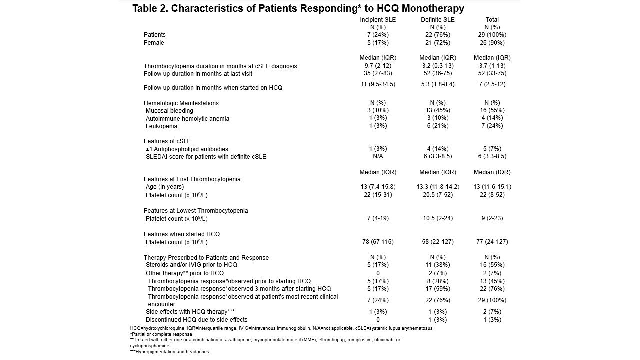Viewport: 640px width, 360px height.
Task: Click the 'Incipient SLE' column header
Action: (378, 20)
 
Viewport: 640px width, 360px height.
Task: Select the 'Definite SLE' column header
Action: (437, 20)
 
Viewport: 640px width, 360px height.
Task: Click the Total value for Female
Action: (492, 43)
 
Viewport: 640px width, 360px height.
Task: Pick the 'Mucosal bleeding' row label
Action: (169, 111)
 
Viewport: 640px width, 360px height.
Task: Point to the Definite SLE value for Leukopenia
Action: (437, 126)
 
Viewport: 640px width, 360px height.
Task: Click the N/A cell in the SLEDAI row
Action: (378, 156)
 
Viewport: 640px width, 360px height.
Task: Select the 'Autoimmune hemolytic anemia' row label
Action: (187, 119)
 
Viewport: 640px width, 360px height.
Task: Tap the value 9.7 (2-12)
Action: (378, 66)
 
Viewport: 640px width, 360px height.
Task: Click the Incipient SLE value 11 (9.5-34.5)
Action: (378, 84)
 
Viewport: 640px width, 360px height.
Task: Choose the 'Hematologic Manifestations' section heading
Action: (181, 103)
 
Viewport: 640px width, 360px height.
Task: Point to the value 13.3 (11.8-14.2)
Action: (437, 187)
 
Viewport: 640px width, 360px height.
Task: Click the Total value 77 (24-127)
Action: (492, 242)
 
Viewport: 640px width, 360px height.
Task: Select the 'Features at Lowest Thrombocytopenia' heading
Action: (196, 211)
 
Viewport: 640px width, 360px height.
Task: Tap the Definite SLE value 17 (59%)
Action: (437, 289)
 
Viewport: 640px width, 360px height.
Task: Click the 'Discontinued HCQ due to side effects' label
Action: (196, 320)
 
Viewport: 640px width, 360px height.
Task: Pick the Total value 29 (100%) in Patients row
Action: (492, 35)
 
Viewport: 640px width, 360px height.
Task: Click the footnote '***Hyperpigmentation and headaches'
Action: (169, 352)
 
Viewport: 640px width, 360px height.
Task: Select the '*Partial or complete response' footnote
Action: (161, 334)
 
